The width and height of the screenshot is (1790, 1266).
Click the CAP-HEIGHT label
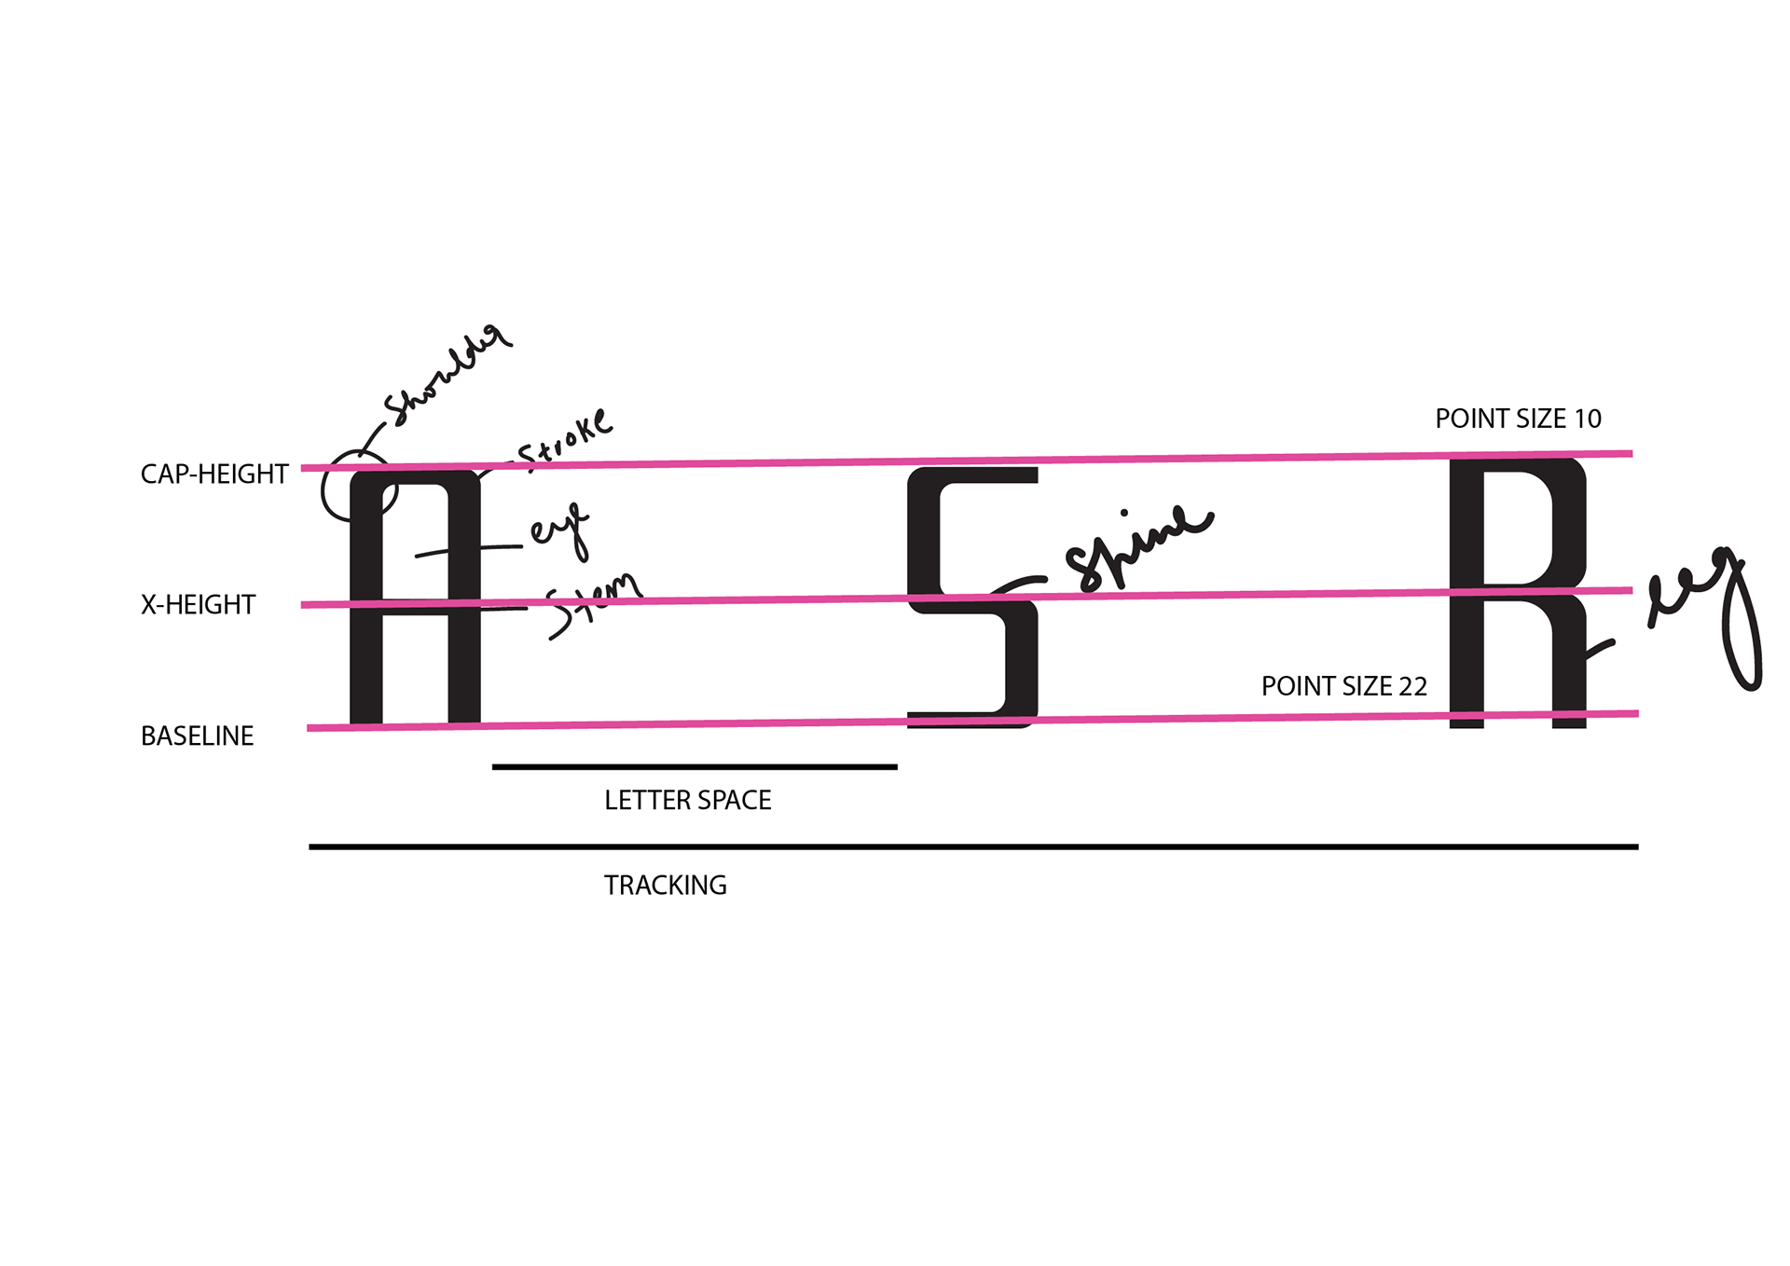(x=214, y=475)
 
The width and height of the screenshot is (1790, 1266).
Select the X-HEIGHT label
(x=198, y=605)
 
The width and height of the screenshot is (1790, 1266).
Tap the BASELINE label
(x=197, y=736)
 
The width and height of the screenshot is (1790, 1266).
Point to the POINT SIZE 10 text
(x=1518, y=420)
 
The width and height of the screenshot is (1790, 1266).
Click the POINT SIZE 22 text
(x=1344, y=687)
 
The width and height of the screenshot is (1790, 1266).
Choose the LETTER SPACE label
(x=688, y=801)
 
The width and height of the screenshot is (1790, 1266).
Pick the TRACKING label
(x=666, y=886)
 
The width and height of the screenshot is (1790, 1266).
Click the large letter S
(x=972, y=598)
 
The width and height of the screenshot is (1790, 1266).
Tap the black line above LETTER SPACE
(x=695, y=767)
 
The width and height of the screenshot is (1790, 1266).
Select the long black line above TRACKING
(x=973, y=847)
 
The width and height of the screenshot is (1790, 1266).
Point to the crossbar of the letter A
(x=416, y=608)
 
